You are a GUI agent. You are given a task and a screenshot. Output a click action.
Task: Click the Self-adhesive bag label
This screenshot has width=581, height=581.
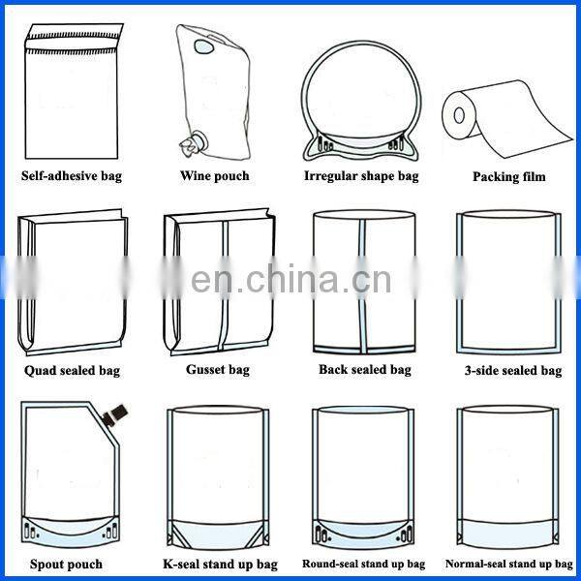coord(72,176)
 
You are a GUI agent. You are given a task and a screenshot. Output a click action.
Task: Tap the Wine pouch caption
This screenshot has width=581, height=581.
coord(214,175)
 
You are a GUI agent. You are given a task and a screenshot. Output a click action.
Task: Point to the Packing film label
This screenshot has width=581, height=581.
coord(508,176)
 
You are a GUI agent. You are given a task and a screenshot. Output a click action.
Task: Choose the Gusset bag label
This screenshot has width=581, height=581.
coord(217,370)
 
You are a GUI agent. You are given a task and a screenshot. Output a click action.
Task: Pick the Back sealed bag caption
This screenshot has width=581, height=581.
coord(364,370)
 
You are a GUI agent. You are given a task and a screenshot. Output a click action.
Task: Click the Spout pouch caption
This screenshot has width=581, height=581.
coord(66,564)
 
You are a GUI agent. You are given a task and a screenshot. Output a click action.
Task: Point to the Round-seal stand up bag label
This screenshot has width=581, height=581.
coord(363,564)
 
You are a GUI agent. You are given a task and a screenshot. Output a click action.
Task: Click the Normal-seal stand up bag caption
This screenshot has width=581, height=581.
coord(509,564)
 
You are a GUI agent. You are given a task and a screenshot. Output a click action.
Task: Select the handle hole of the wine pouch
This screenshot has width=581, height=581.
coord(204,46)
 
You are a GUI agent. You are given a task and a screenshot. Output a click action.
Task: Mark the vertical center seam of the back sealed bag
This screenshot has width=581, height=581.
coord(364,281)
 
